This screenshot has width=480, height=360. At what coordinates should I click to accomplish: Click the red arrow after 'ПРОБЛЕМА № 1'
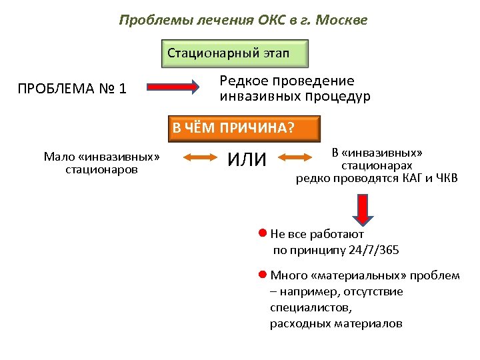(172, 87)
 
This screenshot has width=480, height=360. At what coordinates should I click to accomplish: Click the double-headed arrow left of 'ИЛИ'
(197, 159)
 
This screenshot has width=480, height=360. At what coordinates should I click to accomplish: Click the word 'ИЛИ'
(247, 159)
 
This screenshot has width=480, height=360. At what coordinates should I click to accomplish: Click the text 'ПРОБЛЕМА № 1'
(72, 87)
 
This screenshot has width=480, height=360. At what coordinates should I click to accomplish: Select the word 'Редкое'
(243, 81)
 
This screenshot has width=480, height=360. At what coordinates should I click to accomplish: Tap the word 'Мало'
(59, 157)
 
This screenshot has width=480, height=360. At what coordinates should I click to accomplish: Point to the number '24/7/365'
(375, 250)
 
